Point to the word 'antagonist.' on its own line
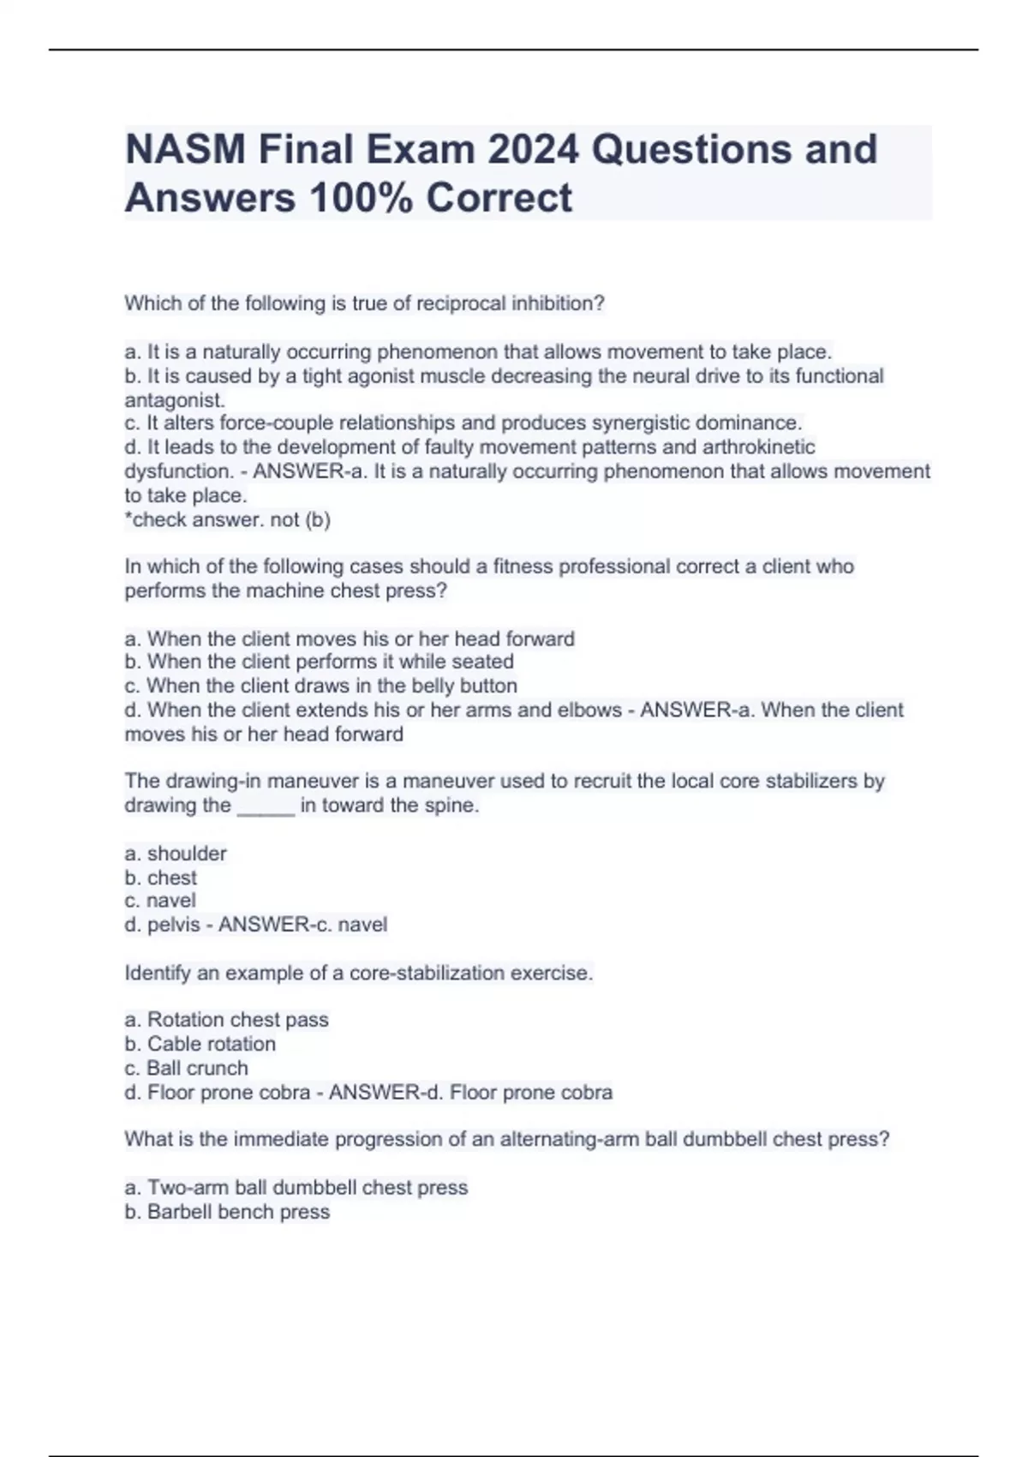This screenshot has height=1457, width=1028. [175, 400]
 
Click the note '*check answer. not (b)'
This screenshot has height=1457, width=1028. [227, 519]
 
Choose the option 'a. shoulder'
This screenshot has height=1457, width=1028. [176, 854]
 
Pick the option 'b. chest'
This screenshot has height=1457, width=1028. [160, 878]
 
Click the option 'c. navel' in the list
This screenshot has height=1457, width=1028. [160, 901]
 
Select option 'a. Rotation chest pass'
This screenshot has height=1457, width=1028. [226, 1020]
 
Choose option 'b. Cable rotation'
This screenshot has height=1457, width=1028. [200, 1044]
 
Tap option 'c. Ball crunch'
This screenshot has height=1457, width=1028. [186, 1068]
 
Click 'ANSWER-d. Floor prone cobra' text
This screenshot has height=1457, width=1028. [470, 1092]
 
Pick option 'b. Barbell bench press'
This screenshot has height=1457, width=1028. [227, 1212]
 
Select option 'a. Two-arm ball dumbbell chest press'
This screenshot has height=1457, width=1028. [296, 1188]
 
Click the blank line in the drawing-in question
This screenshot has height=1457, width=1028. [266, 807]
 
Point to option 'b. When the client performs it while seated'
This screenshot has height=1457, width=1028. [319, 662]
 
